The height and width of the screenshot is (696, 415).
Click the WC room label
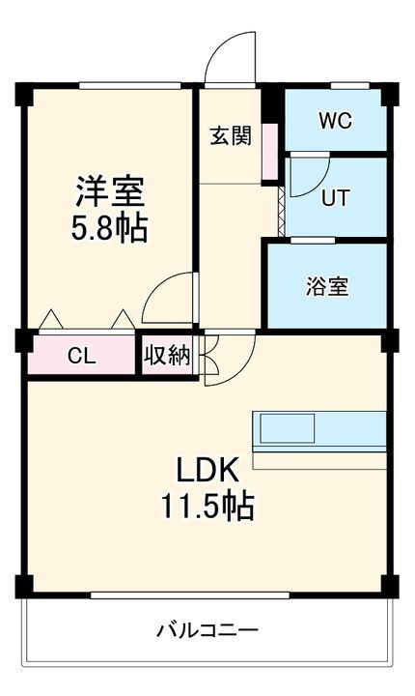click(x=336, y=122)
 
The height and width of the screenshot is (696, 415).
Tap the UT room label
click(x=334, y=198)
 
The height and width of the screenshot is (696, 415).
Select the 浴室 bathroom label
click(x=327, y=286)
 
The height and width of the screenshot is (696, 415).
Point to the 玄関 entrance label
click(x=231, y=135)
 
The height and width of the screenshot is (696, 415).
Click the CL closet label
click(x=81, y=356)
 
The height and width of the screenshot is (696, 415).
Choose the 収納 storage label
click(x=167, y=356)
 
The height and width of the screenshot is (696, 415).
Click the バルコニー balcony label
click(x=207, y=632)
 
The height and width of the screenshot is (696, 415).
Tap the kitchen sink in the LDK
click(x=286, y=427)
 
